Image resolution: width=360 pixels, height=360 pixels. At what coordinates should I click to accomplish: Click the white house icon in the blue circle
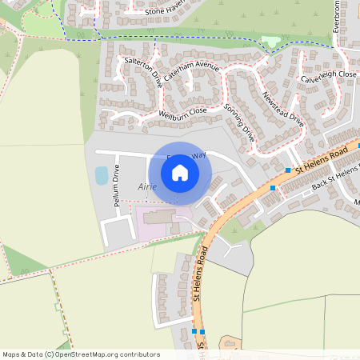(180, 173)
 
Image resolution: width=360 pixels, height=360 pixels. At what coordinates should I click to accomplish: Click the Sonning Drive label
(239, 122)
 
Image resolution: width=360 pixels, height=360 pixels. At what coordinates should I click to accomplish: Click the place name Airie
(147, 186)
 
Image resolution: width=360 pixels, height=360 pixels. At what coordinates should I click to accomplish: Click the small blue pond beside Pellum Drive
(102, 174)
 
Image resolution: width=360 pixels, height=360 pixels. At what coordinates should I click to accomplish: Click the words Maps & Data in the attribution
(22, 354)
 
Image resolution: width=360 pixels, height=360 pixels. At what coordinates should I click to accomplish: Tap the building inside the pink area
(157, 218)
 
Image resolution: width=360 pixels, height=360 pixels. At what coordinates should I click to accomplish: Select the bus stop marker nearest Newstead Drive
(288, 170)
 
